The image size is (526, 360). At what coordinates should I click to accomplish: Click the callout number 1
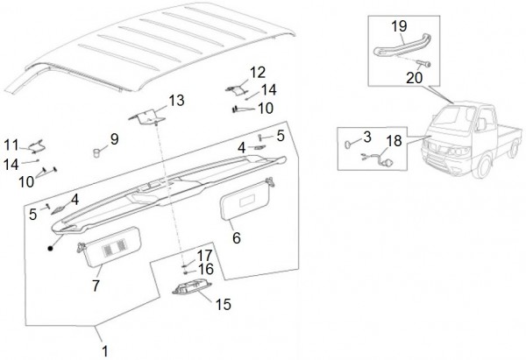105,351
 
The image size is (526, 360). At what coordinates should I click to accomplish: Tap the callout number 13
177,100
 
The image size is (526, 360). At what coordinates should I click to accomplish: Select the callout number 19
398,25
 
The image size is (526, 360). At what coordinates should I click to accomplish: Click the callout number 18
394,141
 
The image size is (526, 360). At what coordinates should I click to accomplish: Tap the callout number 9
114,138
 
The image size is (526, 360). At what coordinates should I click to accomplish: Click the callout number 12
257,72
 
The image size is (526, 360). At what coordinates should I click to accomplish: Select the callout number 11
11,144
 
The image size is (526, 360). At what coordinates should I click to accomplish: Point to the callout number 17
204,255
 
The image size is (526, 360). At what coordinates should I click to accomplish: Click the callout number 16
205,269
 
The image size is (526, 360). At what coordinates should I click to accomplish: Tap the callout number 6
236,237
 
